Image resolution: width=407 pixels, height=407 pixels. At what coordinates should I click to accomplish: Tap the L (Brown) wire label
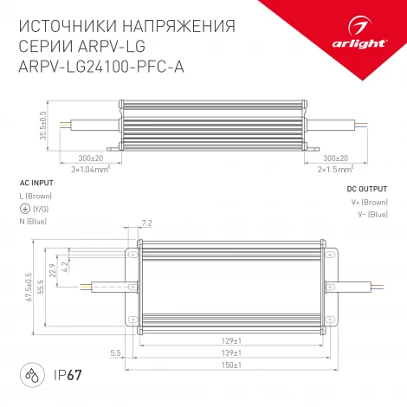click(x=36, y=197)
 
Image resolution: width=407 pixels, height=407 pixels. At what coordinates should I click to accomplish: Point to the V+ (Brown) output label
click(x=369, y=202)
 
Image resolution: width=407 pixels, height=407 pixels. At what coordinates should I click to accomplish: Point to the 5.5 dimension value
click(x=115, y=353)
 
